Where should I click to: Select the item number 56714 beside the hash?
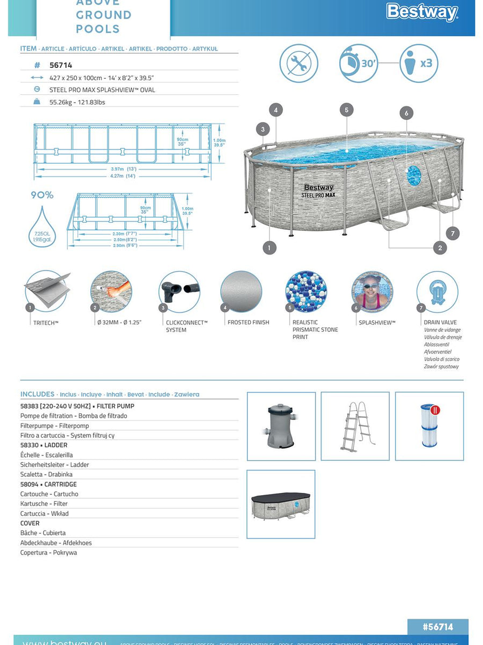(61, 65)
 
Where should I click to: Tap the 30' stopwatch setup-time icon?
(358, 63)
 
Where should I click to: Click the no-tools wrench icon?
(299, 63)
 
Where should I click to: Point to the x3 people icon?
(419, 63)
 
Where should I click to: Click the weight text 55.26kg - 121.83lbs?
(77, 102)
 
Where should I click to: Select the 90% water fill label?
(42, 195)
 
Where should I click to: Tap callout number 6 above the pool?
(406, 113)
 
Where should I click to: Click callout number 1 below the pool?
(269, 247)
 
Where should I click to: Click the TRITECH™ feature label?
(46, 323)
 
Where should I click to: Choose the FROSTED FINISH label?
(248, 322)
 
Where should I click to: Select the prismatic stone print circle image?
(306, 292)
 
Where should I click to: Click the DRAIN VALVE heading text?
(440, 322)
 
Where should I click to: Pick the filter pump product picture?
(281, 426)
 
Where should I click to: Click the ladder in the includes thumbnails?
(355, 426)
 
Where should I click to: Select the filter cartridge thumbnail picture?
(429, 426)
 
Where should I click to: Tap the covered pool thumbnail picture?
(281, 504)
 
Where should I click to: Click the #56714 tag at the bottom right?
(438, 627)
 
